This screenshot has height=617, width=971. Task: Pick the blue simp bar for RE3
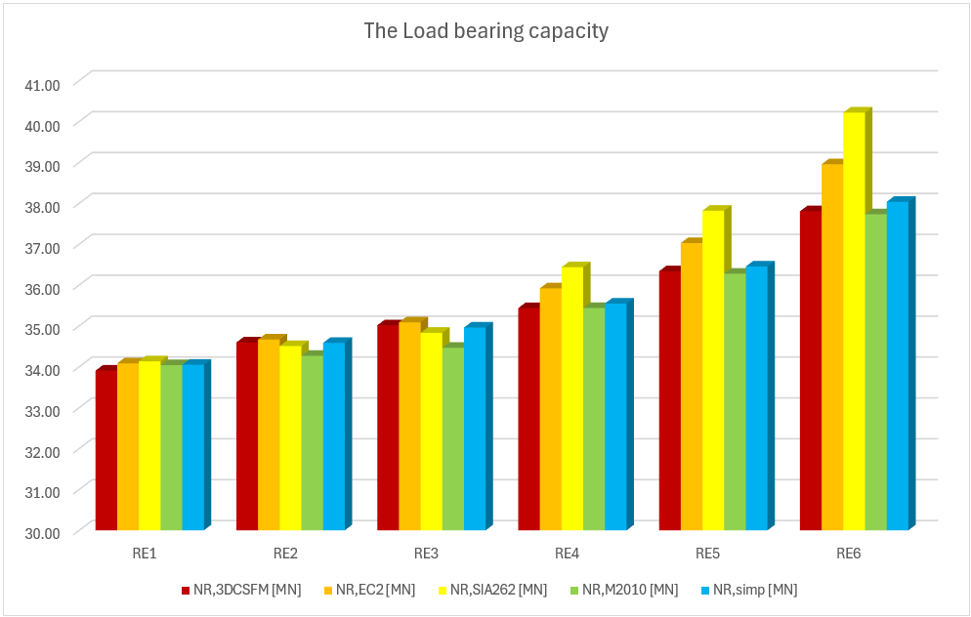(474, 429)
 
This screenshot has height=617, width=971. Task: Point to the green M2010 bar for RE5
(735, 401)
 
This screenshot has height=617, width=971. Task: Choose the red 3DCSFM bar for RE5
(669, 400)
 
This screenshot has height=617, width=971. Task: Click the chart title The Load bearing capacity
(485, 31)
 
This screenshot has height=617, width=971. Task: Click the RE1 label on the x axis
(145, 554)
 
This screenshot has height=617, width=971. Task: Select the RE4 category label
(567, 554)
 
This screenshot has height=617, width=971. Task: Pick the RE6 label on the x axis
(848, 554)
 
